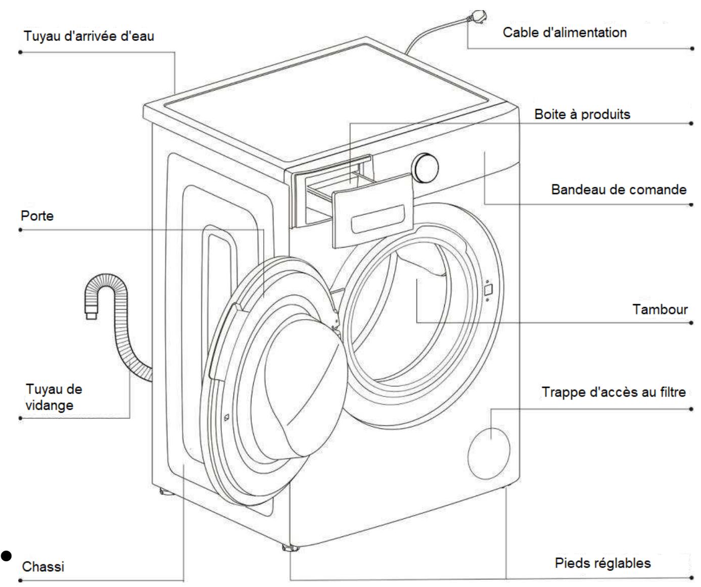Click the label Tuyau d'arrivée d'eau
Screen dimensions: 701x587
coord(89,36)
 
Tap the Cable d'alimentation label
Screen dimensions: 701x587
coord(565,32)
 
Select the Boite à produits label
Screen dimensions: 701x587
coord(582,114)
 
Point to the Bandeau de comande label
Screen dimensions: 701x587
coord(619,189)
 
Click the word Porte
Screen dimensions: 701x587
coord(37,216)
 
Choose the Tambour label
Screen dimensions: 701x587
coord(660,309)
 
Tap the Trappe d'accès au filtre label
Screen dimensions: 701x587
coord(614,392)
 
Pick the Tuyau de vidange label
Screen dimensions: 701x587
coord(54,397)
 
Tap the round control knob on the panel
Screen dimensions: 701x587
coord(425,168)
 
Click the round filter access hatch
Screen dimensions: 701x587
coord(489,453)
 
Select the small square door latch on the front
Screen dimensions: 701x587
coord(488,289)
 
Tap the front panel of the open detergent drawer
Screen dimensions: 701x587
coord(372,211)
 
